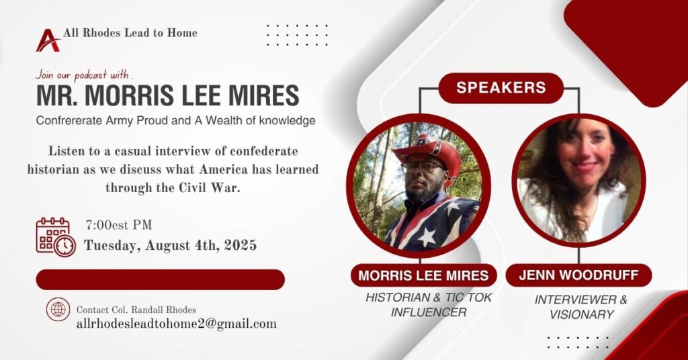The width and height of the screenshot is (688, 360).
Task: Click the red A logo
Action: coord(48,40)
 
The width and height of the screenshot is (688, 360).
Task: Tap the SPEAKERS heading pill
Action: coord(501,88)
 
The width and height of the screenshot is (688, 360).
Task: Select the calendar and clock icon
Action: coord(56,237)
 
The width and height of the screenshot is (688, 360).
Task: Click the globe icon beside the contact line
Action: coord(58,309)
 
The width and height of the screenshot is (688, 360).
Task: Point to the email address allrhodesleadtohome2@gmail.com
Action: coord(177,324)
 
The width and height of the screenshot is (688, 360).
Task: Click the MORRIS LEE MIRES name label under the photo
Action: coord(423,275)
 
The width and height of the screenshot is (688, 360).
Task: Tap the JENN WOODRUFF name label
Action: coord(578,275)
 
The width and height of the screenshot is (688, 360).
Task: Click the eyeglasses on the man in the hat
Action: coord(421,167)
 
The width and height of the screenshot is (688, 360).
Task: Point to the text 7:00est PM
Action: coord(119,225)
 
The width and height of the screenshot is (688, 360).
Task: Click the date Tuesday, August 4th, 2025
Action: coord(170,245)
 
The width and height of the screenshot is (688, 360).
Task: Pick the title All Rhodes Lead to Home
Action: coord(130,33)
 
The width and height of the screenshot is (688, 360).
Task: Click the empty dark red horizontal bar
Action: coord(160,279)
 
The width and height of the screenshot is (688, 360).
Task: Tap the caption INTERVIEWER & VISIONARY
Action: coord(581,307)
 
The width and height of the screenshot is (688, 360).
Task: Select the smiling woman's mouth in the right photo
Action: coord(585,166)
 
